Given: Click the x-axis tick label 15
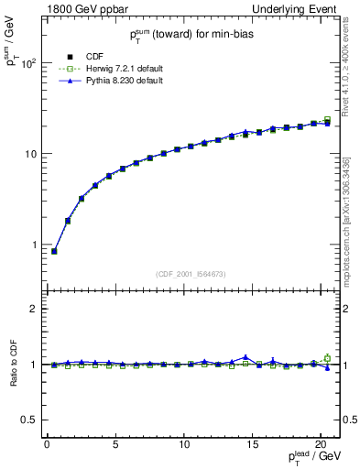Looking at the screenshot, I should (x=252, y=444).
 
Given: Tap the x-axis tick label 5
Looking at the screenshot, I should (x=115, y=444).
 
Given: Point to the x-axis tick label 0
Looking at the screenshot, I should (x=47, y=444).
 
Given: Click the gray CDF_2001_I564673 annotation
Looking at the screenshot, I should (x=191, y=274).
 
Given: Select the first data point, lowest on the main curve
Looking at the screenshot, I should (x=54, y=251).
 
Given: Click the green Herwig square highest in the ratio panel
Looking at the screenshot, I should (x=327, y=357).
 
